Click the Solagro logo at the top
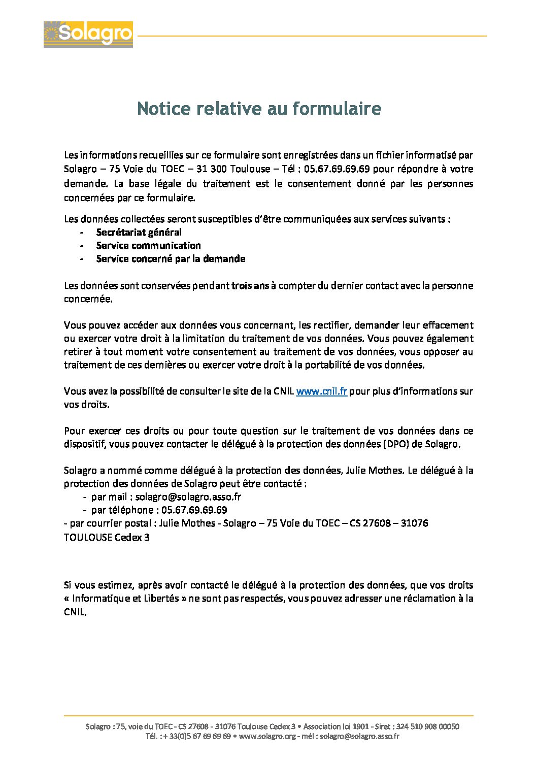pyautogui.click(x=88, y=35)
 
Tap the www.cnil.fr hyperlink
pyautogui.click(x=321, y=391)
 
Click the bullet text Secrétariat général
pyautogui.click(x=139, y=232)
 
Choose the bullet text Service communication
pyautogui.click(x=148, y=245)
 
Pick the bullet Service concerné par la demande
pyautogui.click(x=171, y=258)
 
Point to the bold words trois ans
pyautogui.click(x=250, y=285)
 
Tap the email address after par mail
pyautogui.click(x=188, y=497)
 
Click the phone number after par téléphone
pyautogui.click(x=194, y=510)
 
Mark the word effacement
pyautogui.click(x=449, y=325)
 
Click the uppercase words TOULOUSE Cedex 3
pyautogui.click(x=107, y=537)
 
